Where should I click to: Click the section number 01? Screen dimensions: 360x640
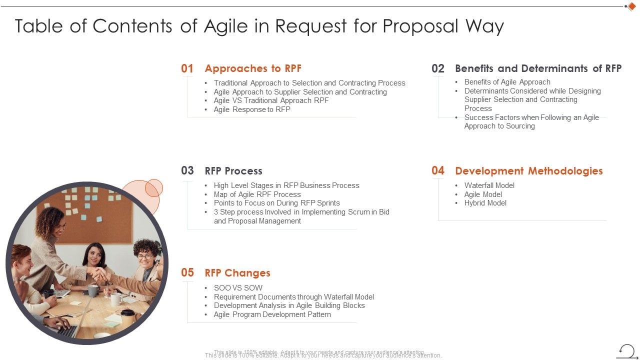(x=187, y=68)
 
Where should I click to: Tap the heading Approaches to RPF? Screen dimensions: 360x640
(x=253, y=68)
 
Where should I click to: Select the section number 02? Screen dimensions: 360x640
(x=437, y=68)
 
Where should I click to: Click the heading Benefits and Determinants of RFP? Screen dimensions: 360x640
(x=538, y=68)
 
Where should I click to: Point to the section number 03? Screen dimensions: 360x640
(x=187, y=170)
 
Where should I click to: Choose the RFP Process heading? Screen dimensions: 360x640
(x=233, y=171)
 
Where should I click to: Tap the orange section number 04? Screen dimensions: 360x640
(x=437, y=170)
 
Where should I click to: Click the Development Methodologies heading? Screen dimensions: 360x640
(x=528, y=171)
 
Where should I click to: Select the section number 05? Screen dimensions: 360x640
(x=187, y=272)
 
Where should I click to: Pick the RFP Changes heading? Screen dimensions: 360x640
(x=237, y=273)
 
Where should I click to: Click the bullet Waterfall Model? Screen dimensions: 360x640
(x=489, y=185)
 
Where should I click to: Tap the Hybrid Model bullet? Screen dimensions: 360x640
(x=485, y=203)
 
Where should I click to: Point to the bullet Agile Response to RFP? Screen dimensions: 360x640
(x=252, y=109)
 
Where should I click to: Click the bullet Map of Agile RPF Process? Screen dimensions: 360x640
(x=257, y=194)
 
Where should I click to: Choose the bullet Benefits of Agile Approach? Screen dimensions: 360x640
(x=507, y=82)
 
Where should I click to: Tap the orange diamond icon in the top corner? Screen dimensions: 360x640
(x=631, y=6)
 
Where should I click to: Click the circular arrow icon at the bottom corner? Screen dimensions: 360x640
(x=626, y=350)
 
